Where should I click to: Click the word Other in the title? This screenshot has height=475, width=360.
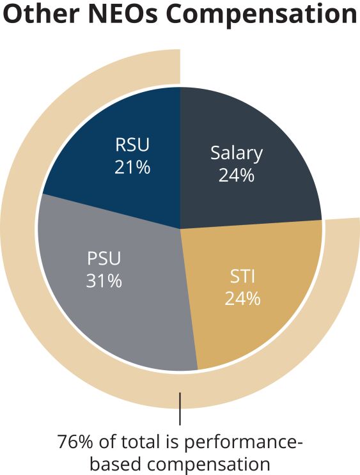[41, 13]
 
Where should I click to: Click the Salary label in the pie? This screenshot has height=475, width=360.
[237, 153]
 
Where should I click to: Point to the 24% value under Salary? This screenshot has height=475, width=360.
[237, 175]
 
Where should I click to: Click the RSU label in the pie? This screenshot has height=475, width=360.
[132, 144]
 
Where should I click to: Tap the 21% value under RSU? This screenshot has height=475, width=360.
[132, 167]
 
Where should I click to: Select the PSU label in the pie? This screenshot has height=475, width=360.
[104, 258]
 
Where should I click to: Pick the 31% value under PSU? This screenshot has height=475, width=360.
[104, 281]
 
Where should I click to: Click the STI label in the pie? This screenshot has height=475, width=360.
[242, 276]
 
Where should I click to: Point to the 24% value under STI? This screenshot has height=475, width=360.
[242, 299]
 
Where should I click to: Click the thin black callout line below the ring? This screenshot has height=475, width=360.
[180, 409]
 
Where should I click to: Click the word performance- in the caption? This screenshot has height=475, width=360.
[244, 444]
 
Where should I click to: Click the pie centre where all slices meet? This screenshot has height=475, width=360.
[180, 228]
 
